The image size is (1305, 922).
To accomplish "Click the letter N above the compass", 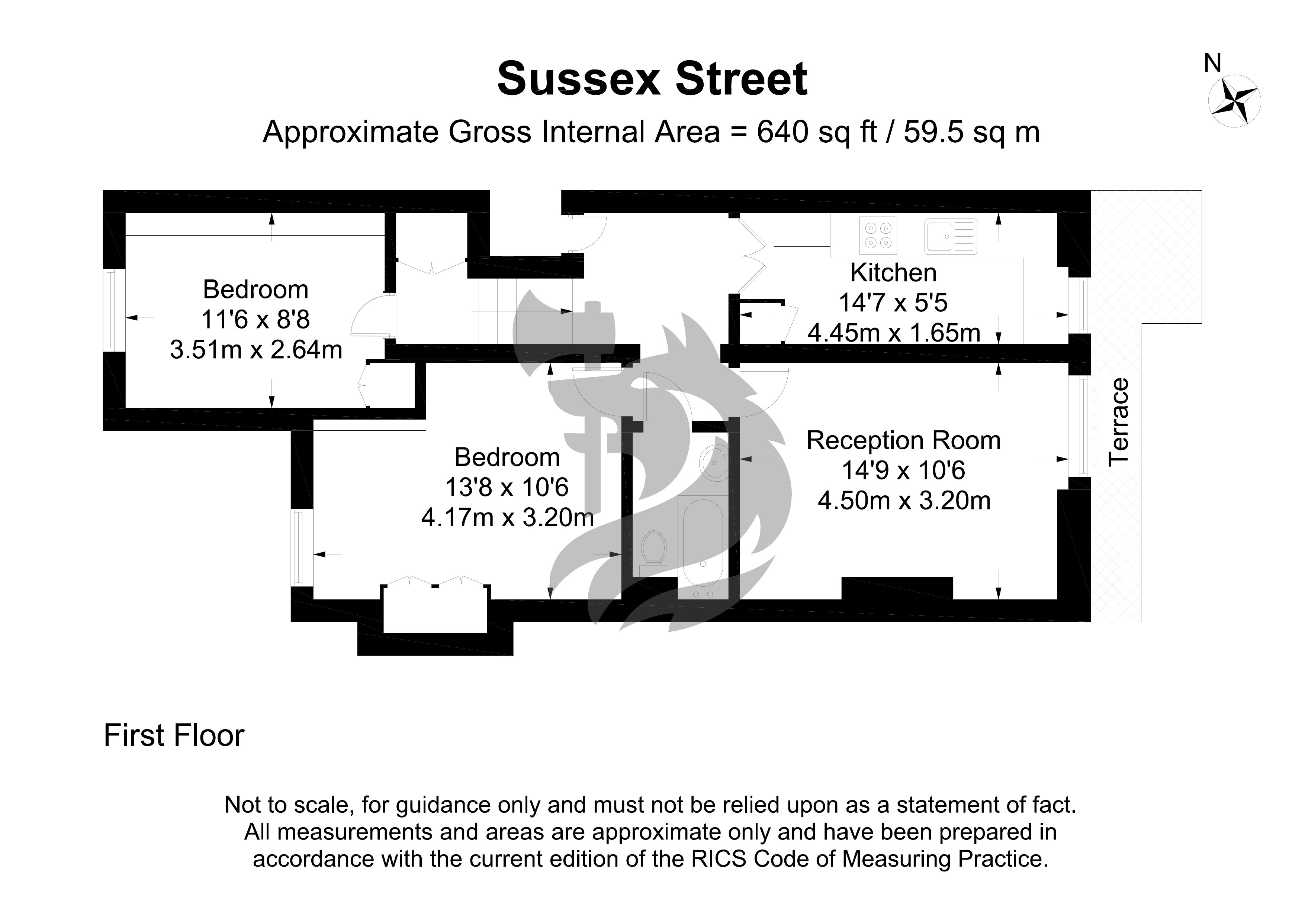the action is [1213, 63].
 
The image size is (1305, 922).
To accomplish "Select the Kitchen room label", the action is [894, 273].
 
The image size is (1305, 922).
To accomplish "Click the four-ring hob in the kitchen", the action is [878, 235].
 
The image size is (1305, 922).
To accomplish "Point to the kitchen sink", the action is [950, 235].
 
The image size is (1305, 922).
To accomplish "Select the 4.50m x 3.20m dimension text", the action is [904, 501].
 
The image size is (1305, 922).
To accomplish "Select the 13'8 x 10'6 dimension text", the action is [507, 488].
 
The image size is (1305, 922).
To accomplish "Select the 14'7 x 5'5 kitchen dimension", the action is [894, 303].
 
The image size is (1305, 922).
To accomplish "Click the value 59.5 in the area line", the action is [928, 132].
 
